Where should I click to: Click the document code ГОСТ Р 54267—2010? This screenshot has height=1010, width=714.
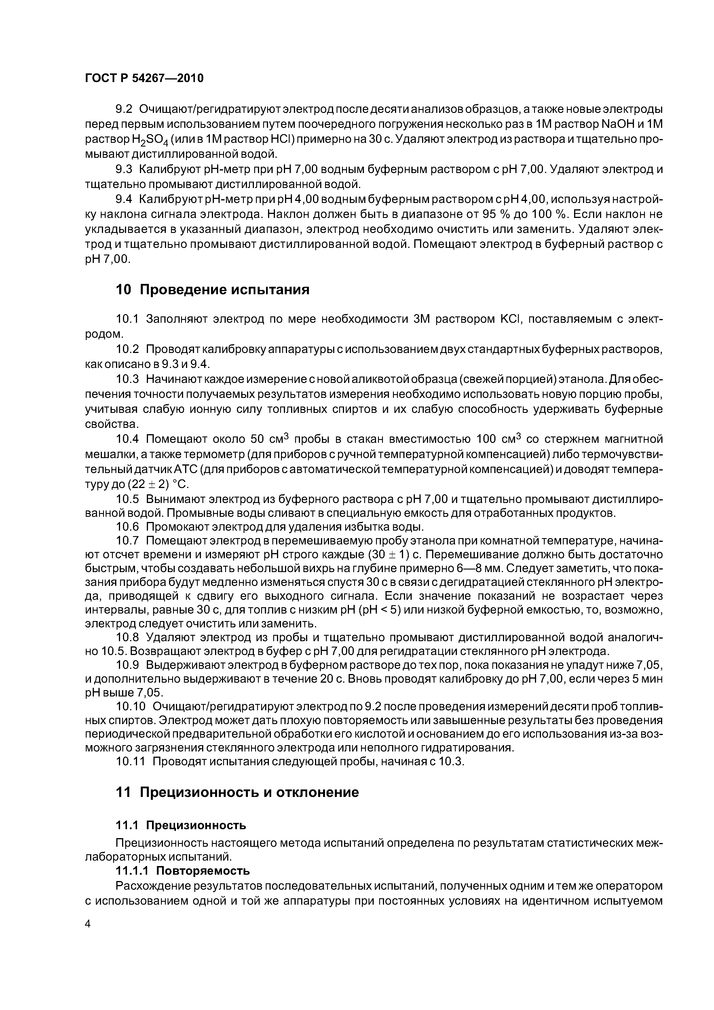[144, 78]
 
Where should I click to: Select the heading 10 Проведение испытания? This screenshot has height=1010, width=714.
[212, 290]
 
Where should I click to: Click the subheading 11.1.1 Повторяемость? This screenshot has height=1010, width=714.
[183, 871]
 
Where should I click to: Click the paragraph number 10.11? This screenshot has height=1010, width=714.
[130, 762]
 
